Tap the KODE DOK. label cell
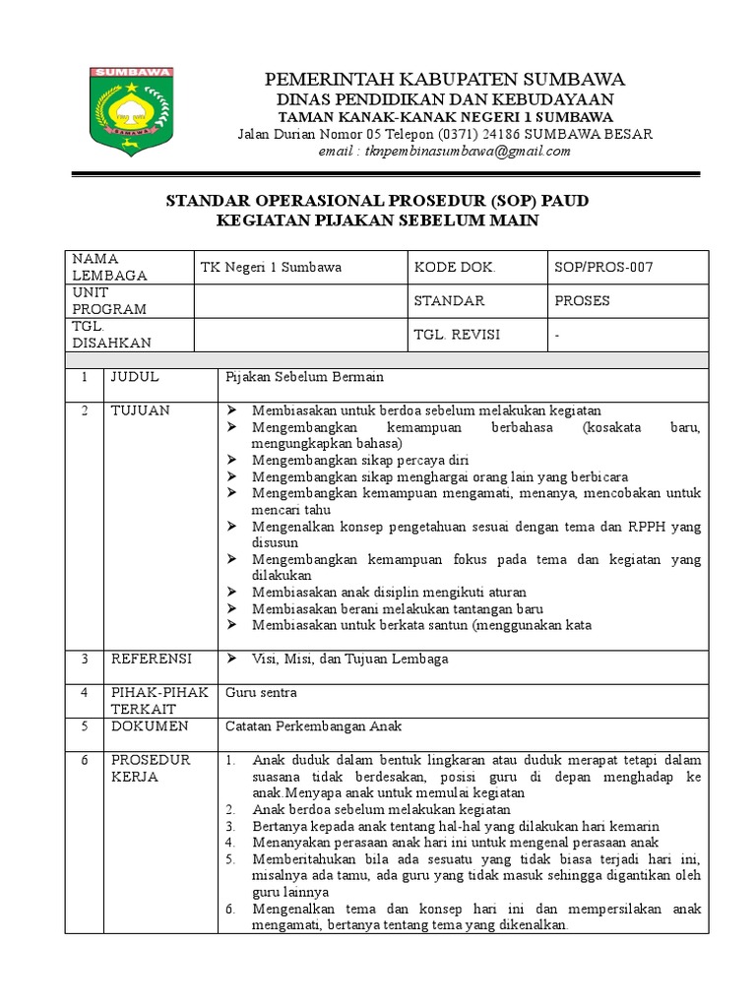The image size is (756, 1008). pos(455,267)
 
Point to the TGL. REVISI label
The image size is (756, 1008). pos(457,335)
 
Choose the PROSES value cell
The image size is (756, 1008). pos(583,300)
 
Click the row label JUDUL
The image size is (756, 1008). pos(134,377)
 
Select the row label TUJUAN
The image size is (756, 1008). pos(139,409)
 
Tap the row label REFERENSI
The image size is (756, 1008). pos(151,659)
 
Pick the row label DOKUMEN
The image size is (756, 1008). pos(149,726)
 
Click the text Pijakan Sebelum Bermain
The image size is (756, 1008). pos(304,377)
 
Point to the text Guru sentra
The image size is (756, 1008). pos(261,693)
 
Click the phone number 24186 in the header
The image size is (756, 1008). pos(502,134)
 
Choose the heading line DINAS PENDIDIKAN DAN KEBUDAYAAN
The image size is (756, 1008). pos(442,99)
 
